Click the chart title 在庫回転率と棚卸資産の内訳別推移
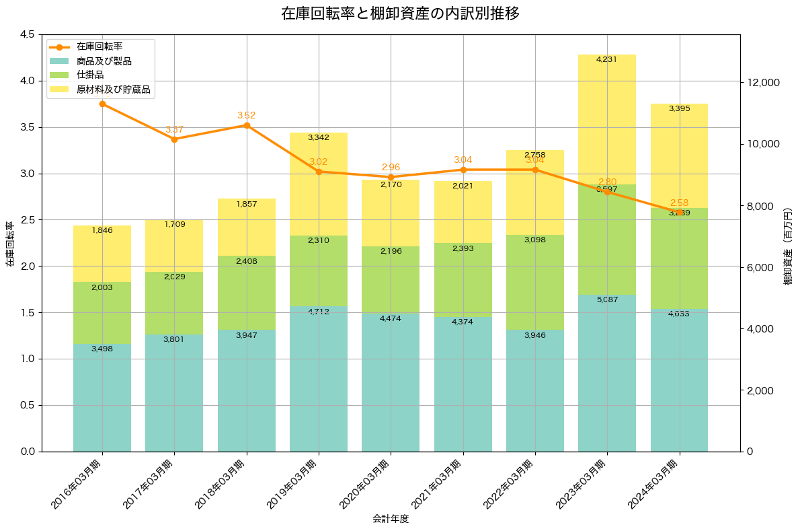pos(399,13)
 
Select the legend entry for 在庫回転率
pos(99,47)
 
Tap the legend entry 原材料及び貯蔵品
pos(113,89)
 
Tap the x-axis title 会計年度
pos(391,519)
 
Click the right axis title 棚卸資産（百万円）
pos(788,246)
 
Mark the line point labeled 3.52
pos(247,125)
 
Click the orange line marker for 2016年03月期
pos(102,104)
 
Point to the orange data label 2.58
pos(680,203)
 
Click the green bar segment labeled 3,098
pos(535,282)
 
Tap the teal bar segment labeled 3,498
pos(102,397)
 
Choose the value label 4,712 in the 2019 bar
pos(319,312)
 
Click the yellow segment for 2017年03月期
pos(174,246)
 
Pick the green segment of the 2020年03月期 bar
pos(391,279)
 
